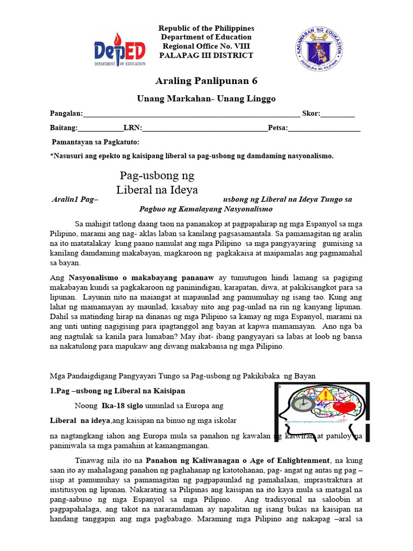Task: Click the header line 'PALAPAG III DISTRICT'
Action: (207, 55)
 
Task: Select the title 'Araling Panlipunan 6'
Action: (206, 81)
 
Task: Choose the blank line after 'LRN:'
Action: (204, 129)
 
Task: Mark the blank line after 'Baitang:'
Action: (101, 129)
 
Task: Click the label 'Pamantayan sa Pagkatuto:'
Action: (95, 142)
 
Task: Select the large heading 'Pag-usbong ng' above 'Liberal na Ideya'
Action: (156, 176)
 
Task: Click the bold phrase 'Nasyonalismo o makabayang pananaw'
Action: (141, 278)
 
